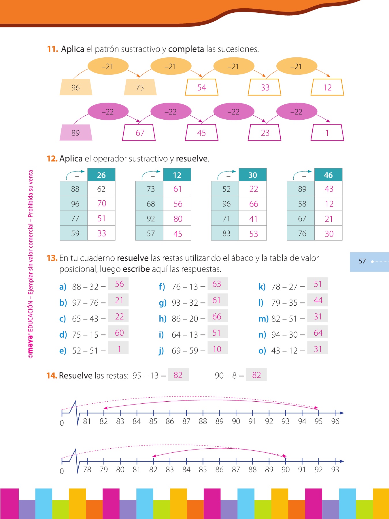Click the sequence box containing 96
[x=76, y=87]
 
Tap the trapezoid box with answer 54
[x=201, y=87]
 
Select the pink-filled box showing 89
[x=76, y=133]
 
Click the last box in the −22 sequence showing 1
[x=327, y=133]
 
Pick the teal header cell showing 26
[x=101, y=175]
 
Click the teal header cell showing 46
[x=328, y=175]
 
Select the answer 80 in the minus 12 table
[x=178, y=219]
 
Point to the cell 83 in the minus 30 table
[x=226, y=234]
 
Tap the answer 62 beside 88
[x=101, y=189]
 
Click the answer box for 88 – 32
[x=118, y=284]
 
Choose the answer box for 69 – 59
[x=218, y=349]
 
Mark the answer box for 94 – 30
[x=318, y=333]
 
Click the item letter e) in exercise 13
[x=63, y=351]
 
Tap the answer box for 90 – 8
[x=256, y=375]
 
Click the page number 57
[x=362, y=261]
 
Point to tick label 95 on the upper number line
[x=318, y=422]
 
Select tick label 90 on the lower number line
[x=286, y=470]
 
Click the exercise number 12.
[x=52, y=159]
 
